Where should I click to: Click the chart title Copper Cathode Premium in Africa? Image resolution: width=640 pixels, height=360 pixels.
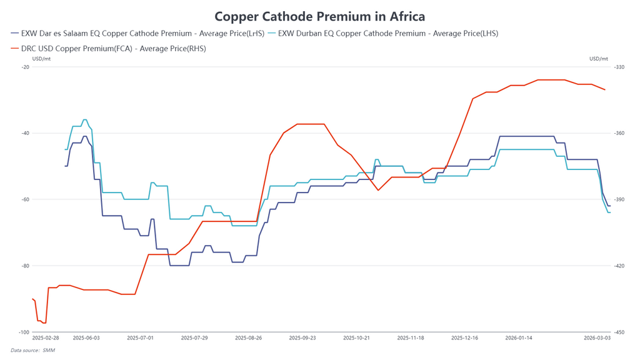pyautogui.click(x=319, y=16)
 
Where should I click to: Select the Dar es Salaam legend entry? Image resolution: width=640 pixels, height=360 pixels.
pyautogui.click(x=137, y=33)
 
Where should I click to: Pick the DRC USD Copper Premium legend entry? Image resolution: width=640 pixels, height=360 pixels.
pyautogui.click(x=108, y=48)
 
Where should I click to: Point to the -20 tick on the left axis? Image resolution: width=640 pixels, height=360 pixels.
pyautogui.click(x=25, y=67)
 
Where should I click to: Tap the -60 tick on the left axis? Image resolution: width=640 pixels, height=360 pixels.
pyautogui.click(x=25, y=199)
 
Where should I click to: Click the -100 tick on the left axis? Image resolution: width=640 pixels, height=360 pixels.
pyautogui.click(x=24, y=332)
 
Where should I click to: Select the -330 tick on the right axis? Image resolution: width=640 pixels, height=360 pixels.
pyautogui.click(x=619, y=67)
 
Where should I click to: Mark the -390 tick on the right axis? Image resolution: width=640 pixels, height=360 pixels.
pyautogui.click(x=619, y=199)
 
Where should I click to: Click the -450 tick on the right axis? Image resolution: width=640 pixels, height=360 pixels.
pyautogui.click(x=619, y=332)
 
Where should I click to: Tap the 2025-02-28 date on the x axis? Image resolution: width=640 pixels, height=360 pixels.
pyautogui.click(x=46, y=338)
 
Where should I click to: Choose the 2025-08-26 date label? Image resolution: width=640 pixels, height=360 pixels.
pyautogui.click(x=248, y=338)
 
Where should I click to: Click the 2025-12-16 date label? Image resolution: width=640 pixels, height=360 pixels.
pyautogui.click(x=464, y=338)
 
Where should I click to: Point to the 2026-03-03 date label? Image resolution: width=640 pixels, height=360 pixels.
pyautogui.click(x=597, y=338)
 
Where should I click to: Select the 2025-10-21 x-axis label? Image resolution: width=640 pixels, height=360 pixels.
pyautogui.click(x=356, y=338)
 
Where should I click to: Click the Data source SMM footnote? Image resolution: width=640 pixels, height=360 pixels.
pyautogui.click(x=32, y=350)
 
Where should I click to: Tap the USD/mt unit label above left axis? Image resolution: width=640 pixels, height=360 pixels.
pyautogui.click(x=41, y=59)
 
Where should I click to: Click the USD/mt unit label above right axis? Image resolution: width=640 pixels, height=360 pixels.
pyautogui.click(x=598, y=59)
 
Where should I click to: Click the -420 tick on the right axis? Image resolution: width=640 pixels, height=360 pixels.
pyautogui.click(x=619, y=266)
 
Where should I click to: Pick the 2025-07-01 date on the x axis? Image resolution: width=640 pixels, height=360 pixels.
pyautogui.click(x=140, y=338)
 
